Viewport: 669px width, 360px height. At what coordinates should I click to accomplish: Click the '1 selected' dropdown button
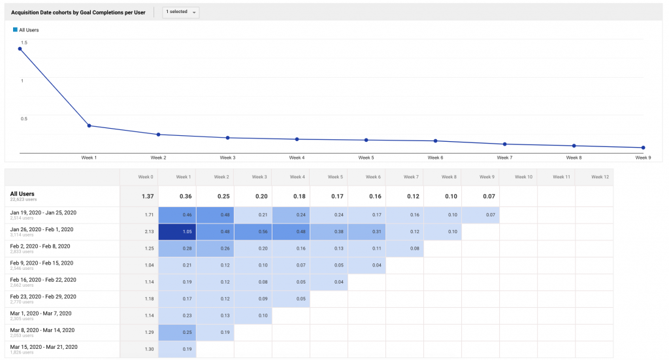[181, 12]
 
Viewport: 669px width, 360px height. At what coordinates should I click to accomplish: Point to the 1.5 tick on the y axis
[24, 42]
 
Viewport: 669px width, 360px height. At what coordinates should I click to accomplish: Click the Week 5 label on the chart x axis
[366, 157]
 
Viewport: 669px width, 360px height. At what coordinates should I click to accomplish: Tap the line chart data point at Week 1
[89, 125]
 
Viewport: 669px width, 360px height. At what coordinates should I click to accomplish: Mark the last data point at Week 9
[643, 148]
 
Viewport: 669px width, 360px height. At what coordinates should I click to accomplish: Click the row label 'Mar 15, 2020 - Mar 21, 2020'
[44, 347]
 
